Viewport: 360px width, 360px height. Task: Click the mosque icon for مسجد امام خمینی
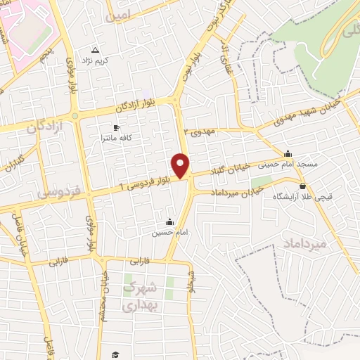[x=287, y=154]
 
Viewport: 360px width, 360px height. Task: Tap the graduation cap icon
[x=116, y=354]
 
